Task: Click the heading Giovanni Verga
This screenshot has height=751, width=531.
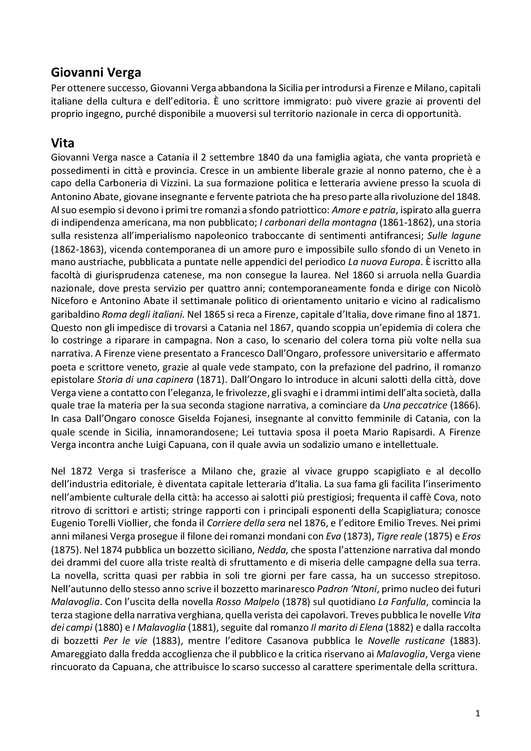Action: point(96,72)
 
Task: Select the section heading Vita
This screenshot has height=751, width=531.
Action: point(63,142)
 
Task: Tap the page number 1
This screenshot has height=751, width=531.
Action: point(478,713)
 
